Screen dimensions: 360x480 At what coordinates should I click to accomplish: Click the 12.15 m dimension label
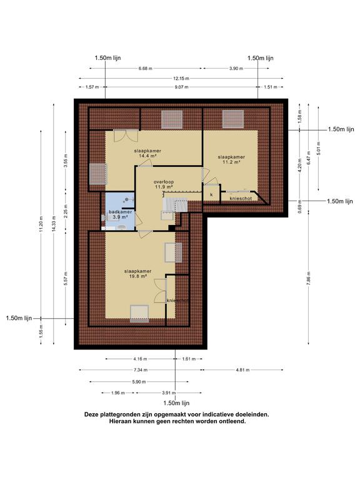(x=182, y=78)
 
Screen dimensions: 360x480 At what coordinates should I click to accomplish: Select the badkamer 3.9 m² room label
(x=120, y=214)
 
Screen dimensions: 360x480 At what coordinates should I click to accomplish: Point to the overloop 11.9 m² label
(x=164, y=184)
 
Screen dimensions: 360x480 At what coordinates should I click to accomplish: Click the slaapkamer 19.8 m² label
(x=137, y=273)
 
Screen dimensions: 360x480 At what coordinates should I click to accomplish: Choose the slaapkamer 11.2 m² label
(x=231, y=159)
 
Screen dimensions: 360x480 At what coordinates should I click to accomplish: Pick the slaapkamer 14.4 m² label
(x=147, y=153)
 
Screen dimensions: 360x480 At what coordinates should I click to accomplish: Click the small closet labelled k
(x=211, y=194)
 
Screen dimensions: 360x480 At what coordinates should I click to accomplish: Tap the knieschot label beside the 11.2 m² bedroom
(x=241, y=198)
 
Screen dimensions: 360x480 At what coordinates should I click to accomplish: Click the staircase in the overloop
(x=174, y=204)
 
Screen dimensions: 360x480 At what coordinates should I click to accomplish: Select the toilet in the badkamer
(x=121, y=227)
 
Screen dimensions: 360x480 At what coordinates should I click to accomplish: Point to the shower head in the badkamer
(x=126, y=199)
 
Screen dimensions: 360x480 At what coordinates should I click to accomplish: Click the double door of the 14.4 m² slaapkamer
(x=126, y=135)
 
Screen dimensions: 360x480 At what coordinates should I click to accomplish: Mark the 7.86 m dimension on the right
(x=309, y=277)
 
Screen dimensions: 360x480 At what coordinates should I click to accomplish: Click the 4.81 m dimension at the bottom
(x=242, y=370)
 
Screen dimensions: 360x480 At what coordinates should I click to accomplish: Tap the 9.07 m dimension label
(x=181, y=87)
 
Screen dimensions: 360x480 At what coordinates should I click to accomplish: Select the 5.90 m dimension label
(x=139, y=382)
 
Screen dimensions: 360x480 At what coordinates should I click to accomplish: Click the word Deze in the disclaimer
(x=91, y=414)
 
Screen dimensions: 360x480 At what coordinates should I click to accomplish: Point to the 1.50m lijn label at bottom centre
(x=177, y=403)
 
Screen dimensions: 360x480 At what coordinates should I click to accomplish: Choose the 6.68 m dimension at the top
(x=146, y=68)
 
